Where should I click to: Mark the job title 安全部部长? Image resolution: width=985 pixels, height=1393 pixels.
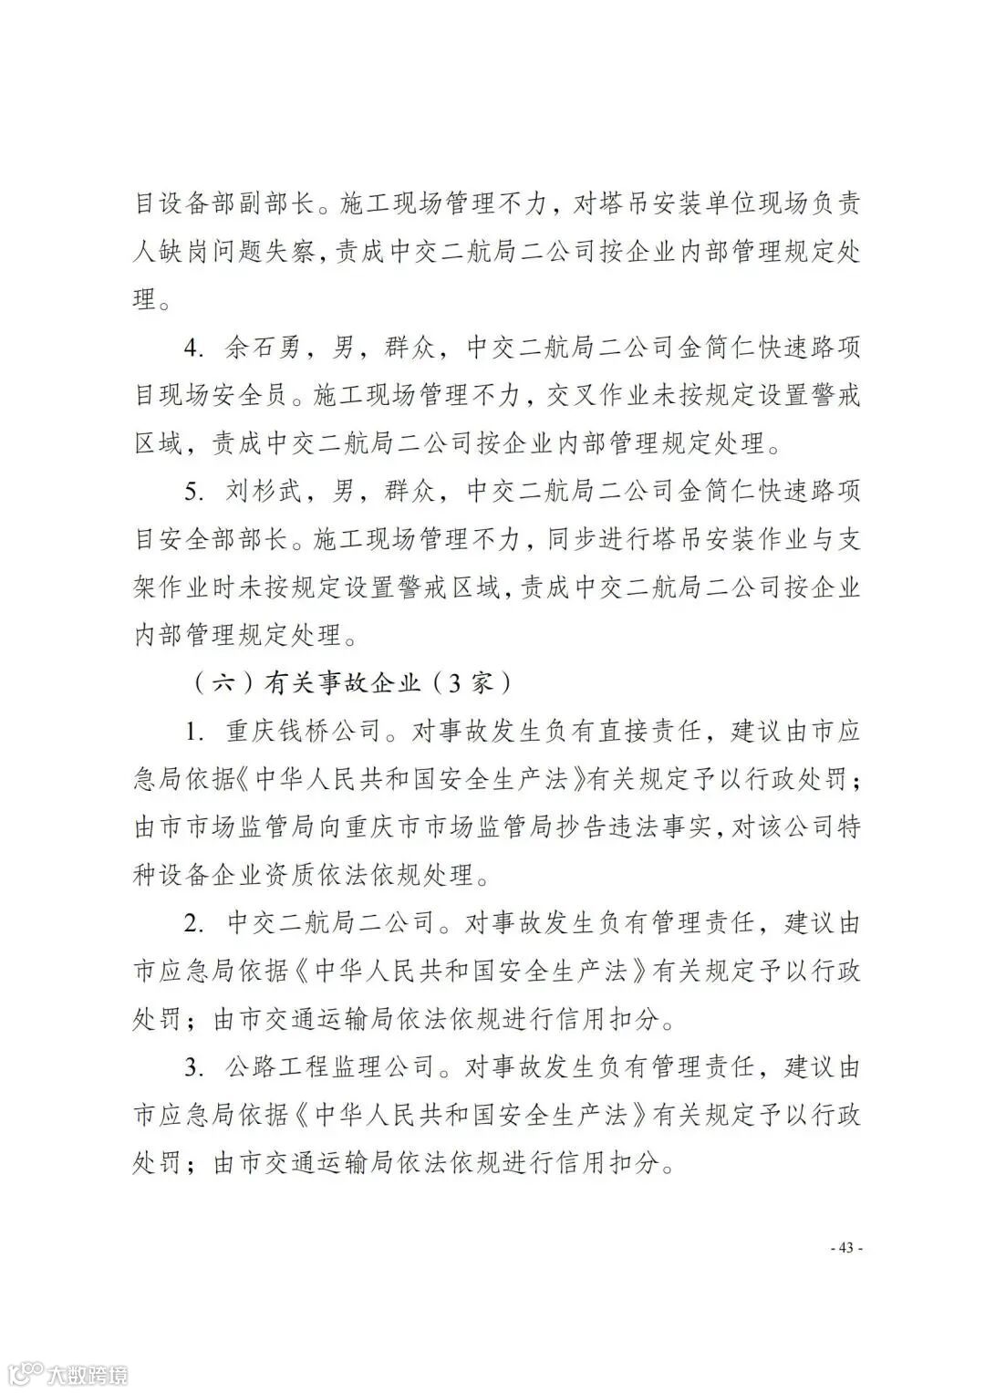tap(228, 539)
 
